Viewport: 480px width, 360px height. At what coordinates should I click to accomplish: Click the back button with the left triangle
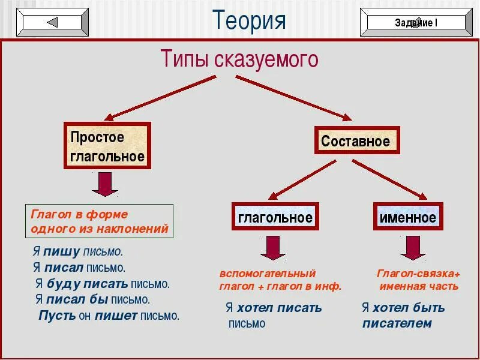click(52, 23)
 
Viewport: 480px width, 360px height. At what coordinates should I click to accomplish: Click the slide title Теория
click(249, 20)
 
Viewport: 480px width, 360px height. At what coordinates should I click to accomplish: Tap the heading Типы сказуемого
click(239, 59)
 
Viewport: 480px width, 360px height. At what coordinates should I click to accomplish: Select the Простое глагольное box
click(107, 146)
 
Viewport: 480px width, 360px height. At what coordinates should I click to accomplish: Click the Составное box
click(356, 142)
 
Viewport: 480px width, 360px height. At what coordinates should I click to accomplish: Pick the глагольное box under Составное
click(275, 217)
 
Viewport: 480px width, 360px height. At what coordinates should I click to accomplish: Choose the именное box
click(408, 217)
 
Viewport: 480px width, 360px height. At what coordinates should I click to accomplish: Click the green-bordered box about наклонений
click(100, 221)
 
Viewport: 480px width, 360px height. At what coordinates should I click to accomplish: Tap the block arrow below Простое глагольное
click(105, 184)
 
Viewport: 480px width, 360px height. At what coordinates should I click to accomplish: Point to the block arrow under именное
click(413, 247)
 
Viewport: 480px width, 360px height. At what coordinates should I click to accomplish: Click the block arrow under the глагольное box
click(273, 247)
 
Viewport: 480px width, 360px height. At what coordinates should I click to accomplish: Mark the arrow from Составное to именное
click(389, 179)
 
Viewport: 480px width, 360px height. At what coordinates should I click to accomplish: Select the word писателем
click(397, 323)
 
